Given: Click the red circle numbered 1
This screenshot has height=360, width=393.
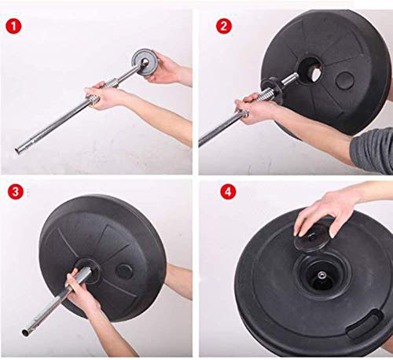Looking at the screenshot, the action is click(x=13, y=26).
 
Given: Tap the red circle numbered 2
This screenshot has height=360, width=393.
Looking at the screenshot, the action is click(x=224, y=26).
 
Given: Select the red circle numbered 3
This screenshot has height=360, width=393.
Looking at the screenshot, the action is click(x=16, y=192).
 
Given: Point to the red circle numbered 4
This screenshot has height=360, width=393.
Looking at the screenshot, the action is click(x=228, y=192).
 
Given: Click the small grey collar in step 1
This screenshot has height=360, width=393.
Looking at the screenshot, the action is click(x=143, y=62).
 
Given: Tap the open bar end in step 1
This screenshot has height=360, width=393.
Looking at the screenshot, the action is click(x=18, y=150).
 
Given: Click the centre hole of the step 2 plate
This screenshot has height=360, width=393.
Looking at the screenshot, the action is click(x=311, y=69).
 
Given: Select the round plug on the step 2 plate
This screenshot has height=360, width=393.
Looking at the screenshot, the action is click(x=345, y=80).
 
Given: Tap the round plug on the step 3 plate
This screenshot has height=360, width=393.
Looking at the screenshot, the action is click(x=124, y=271).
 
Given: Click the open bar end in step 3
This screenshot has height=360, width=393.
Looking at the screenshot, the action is click(x=25, y=332).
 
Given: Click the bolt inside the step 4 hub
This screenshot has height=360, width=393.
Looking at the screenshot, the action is click(x=321, y=275).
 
